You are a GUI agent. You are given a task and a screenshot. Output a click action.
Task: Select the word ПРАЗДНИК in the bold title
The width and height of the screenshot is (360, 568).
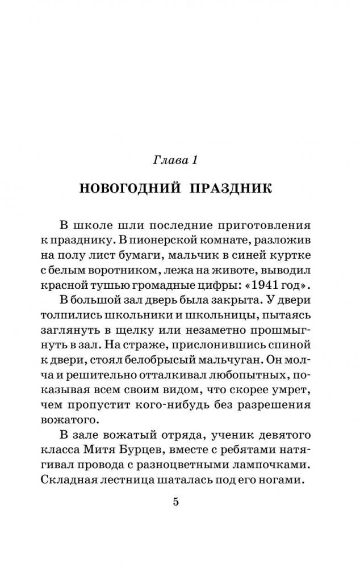[x=233, y=188]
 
